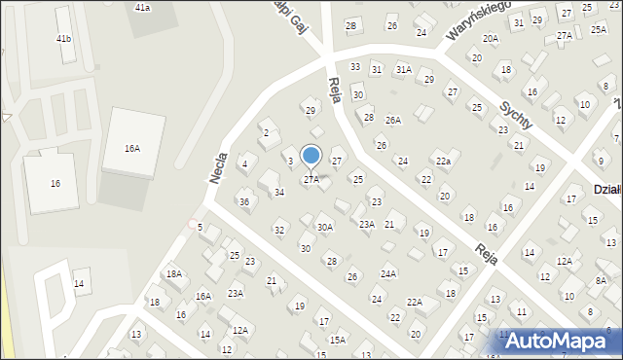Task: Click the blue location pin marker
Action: (x=311, y=157)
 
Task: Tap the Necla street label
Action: (x=219, y=167)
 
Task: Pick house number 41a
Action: (x=142, y=8)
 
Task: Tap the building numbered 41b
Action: (x=63, y=38)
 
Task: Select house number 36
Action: (x=245, y=201)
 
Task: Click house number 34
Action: (x=278, y=193)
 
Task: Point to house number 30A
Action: (x=325, y=227)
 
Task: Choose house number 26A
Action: (x=392, y=121)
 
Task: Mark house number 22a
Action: (x=443, y=161)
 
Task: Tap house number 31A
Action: (x=403, y=70)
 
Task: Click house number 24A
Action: (x=388, y=274)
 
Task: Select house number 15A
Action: (x=337, y=340)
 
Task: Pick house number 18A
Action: (x=173, y=274)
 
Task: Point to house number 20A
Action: (x=490, y=39)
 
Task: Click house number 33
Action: (x=355, y=66)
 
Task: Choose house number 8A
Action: (x=599, y=280)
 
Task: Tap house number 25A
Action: (x=598, y=29)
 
